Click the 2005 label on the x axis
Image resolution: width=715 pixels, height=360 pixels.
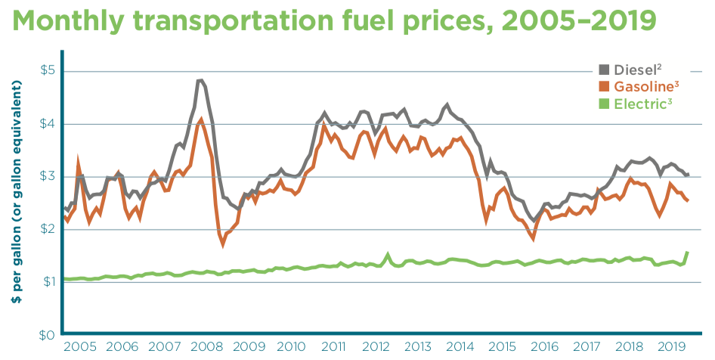click(x=79, y=347)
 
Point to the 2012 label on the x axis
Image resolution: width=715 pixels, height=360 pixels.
click(x=374, y=347)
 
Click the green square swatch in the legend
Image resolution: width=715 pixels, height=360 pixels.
click(x=605, y=104)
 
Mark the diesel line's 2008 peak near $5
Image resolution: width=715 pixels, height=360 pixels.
click(x=200, y=80)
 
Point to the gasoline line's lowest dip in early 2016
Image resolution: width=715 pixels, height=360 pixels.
click(x=534, y=239)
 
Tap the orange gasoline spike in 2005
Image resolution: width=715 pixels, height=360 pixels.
click(x=78, y=160)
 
